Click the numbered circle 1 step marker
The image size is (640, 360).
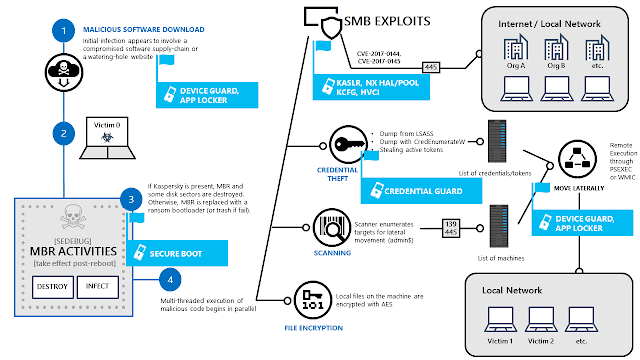64,32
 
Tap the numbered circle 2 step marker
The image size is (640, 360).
64,132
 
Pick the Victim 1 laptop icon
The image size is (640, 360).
499,321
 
